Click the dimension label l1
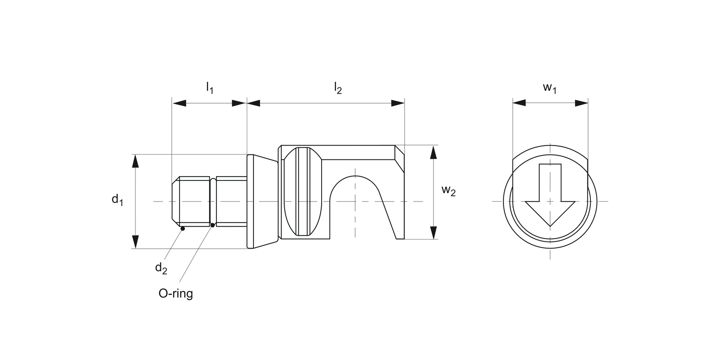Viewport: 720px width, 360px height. pos(209,88)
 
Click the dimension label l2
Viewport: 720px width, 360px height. pos(338,88)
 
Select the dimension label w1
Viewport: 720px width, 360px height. pos(550,88)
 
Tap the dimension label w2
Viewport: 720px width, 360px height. pos(449,191)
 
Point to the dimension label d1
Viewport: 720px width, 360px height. pos(117,199)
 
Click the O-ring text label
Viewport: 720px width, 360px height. pos(176,293)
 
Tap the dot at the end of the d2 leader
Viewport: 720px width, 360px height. pos(182,229)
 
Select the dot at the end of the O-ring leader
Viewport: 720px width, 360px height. pos(213,225)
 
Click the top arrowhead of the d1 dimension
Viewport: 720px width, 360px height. pos(135,161)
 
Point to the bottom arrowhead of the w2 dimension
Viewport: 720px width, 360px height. pos(433,232)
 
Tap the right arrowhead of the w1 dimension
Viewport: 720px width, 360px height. pos(581,103)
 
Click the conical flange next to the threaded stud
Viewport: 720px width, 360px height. pos(263,202)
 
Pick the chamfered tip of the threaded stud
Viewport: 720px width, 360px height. pos(175,202)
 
